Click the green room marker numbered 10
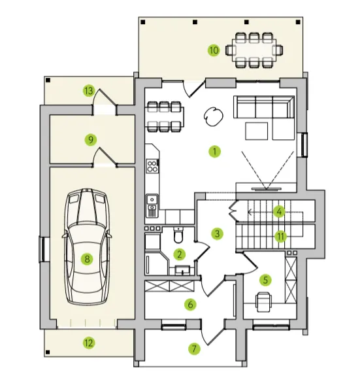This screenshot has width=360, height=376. [214, 50]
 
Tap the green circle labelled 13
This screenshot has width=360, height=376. [89, 91]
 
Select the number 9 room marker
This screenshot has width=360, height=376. [91, 140]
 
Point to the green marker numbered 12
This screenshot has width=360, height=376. [89, 343]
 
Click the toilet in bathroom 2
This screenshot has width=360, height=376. [178, 235]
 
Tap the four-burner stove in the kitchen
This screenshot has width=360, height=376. [152, 166]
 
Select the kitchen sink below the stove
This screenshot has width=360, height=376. [152, 205]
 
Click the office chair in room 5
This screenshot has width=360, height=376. [264, 302]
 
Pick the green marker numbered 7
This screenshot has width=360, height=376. [194, 349]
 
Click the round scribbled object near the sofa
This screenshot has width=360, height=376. [213, 116]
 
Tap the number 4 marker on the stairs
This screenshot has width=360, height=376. [279, 212]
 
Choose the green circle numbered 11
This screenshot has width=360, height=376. [280, 237]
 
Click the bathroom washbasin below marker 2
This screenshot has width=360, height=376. [182, 270]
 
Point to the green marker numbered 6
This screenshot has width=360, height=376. [190, 305]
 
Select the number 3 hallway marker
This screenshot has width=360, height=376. [218, 233]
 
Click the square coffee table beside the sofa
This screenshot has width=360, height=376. [257, 131]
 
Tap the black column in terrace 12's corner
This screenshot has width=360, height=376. [48, 352]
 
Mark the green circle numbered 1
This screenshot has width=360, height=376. [214, 152]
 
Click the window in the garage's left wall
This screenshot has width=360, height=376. [42, 249]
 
